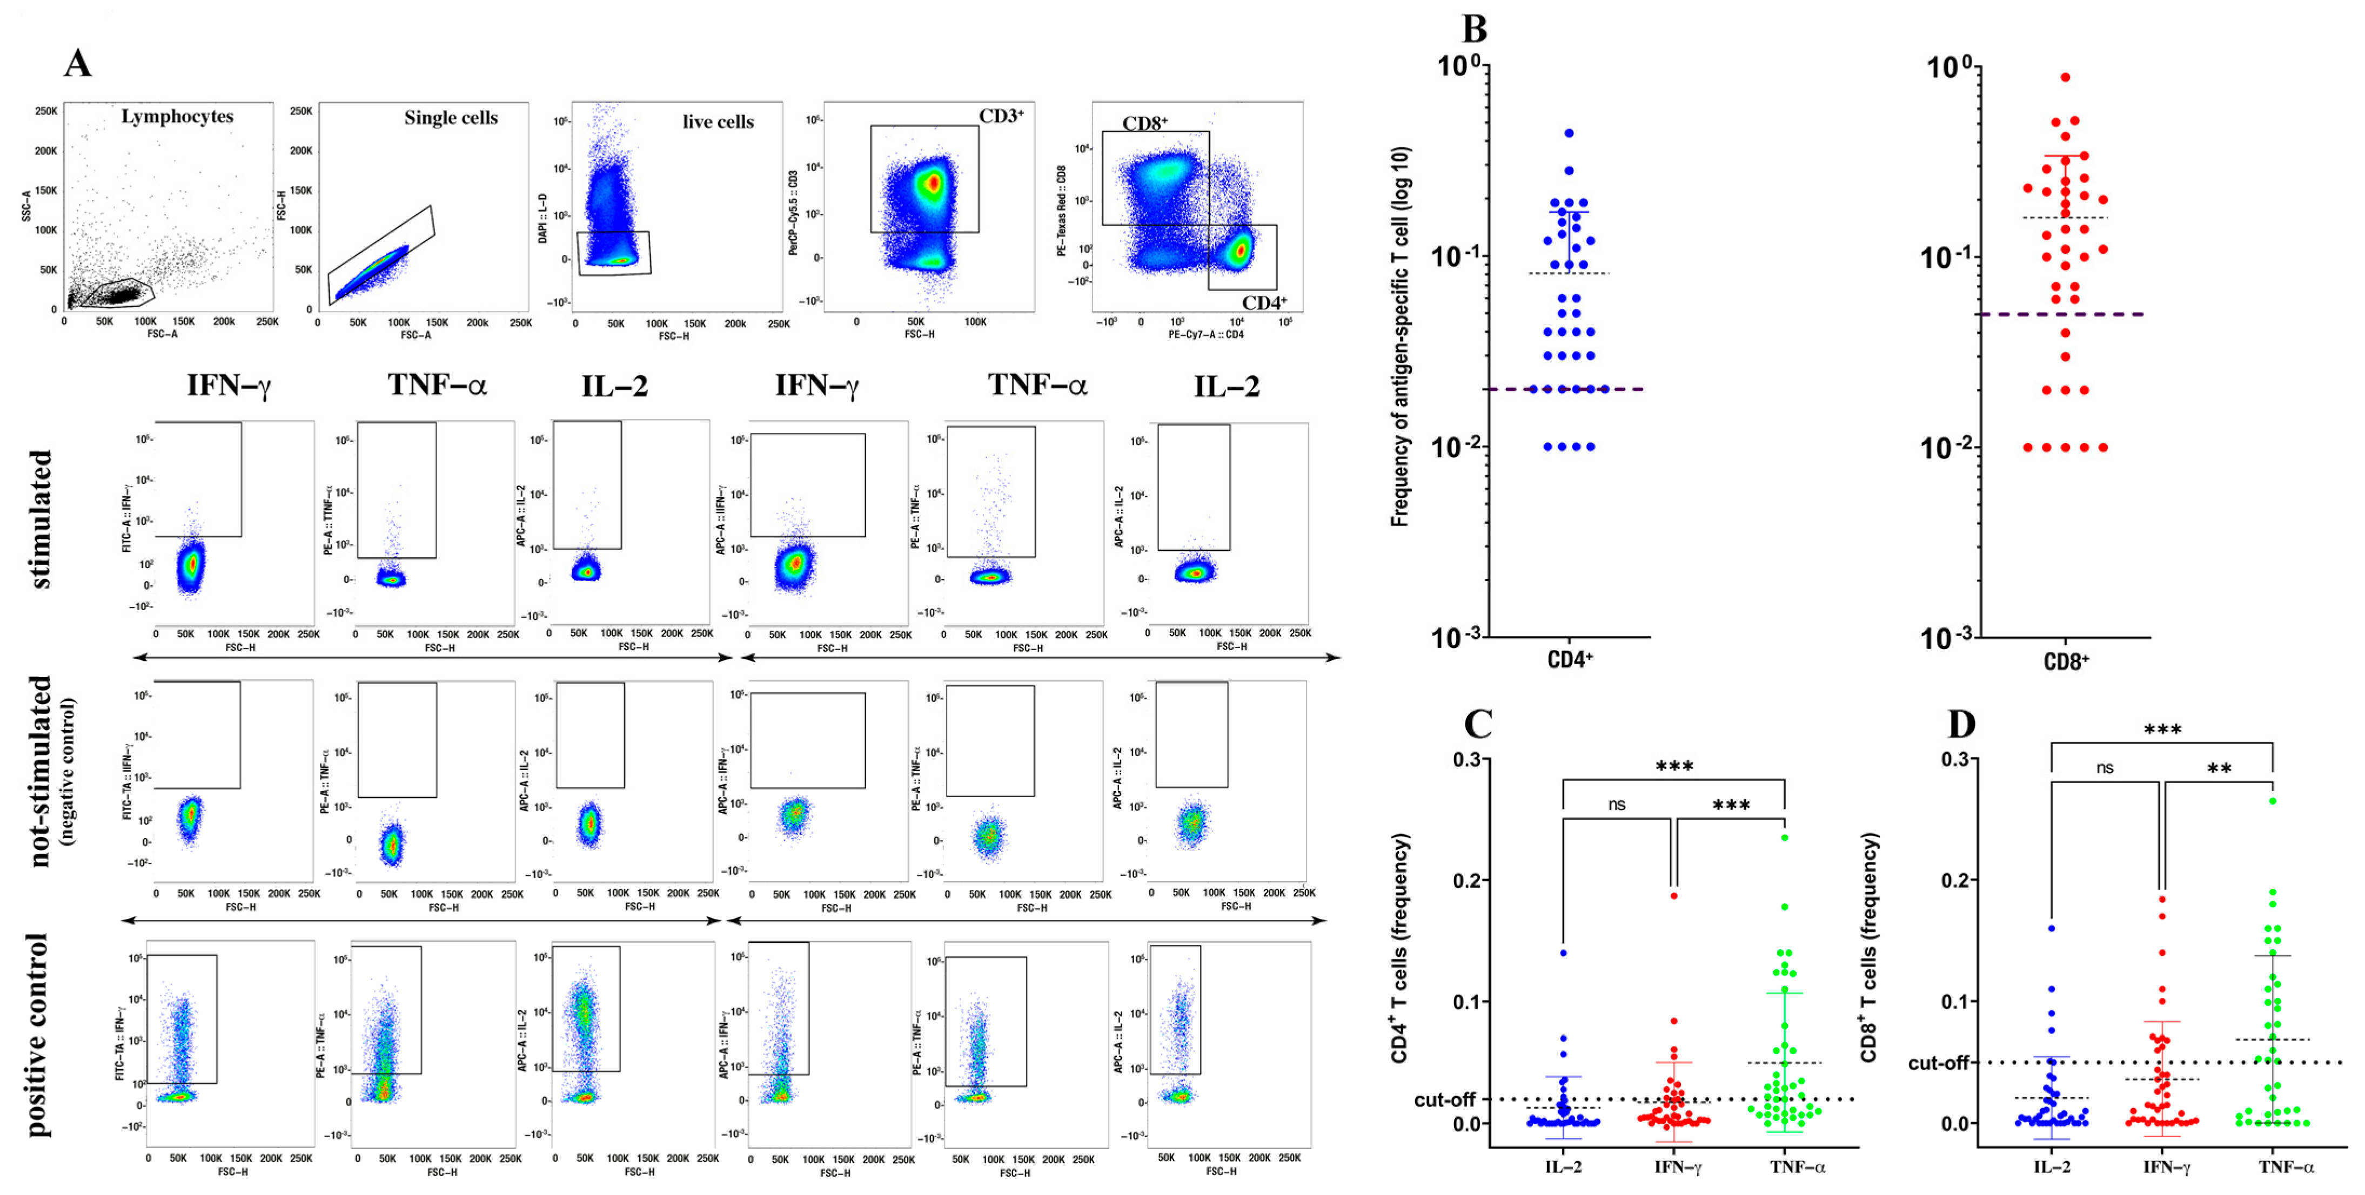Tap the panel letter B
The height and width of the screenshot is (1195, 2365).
[x=1473, y=29]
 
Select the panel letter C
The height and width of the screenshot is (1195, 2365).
[x=1477, y=724]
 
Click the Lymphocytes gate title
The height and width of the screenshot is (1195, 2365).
[x=177, y=117]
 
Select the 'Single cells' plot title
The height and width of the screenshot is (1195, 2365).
[x=451, y=118]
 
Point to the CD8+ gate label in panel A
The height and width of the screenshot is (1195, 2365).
[x=1145, y=123]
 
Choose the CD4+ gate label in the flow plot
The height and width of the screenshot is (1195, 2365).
[x=1264, y=303]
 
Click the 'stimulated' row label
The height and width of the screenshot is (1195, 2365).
[x=41, y=518]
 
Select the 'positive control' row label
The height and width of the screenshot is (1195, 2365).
[x=37, y=1035]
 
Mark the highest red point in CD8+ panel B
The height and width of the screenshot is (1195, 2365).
[x=2065, y=78]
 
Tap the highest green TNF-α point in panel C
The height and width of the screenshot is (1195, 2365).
[x=1785, y=837]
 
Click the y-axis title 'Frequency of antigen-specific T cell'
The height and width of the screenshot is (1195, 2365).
[x=1400, y=337]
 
